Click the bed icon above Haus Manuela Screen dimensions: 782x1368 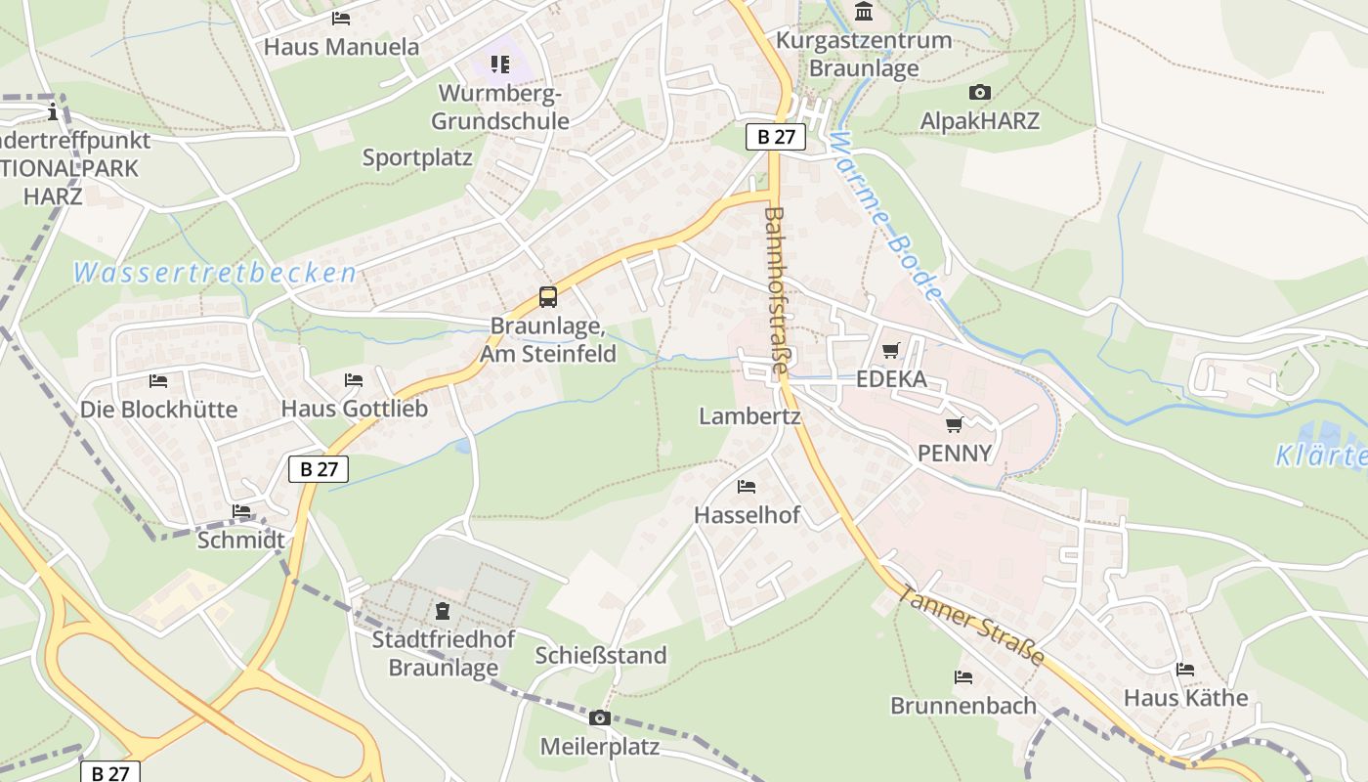341,18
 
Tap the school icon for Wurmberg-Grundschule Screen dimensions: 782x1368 500,65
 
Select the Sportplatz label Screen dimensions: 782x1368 417,157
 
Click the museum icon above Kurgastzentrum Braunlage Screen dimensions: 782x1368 864,12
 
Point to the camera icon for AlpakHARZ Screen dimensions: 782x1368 979,93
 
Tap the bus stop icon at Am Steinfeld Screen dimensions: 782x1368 548,297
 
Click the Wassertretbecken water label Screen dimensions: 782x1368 215,273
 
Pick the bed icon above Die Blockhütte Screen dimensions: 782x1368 158,380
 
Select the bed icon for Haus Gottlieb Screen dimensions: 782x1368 354,379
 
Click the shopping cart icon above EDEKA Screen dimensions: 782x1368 891,350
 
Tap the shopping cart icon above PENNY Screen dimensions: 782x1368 954,424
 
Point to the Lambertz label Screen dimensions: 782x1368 749,416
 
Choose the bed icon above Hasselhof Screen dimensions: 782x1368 747,486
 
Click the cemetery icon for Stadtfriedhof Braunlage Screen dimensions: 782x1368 443,612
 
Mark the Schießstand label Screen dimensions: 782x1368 601,655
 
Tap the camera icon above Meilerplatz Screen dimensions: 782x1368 600,718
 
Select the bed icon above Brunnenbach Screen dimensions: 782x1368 963,676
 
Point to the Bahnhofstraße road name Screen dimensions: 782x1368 775,291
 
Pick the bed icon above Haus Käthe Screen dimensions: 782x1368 1185,670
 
